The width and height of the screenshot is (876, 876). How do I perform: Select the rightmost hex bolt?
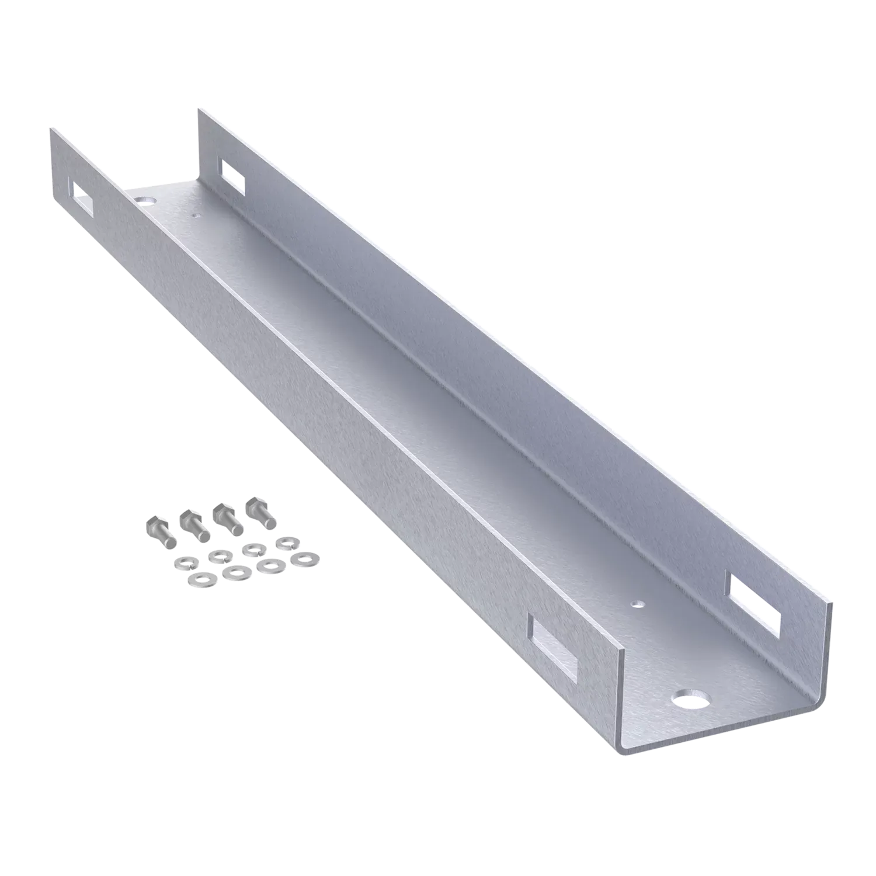point(260,514)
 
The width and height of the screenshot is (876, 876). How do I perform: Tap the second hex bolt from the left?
point(193,526)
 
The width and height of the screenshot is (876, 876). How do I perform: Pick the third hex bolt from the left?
point(227,519)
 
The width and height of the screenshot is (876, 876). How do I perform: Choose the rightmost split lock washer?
point(286,543)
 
